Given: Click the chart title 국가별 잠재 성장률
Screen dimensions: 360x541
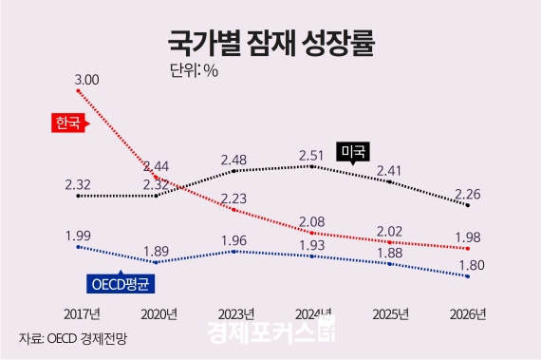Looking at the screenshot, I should [270, 42].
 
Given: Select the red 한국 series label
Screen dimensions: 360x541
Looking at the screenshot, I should [66, 122].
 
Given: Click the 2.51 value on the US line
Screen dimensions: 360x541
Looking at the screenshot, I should [312, 154].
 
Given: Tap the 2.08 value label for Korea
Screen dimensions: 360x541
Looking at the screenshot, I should [312, 220].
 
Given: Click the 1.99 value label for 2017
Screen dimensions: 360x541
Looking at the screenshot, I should [79, 235].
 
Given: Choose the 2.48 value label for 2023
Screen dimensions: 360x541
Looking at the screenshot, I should [234, 159].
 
